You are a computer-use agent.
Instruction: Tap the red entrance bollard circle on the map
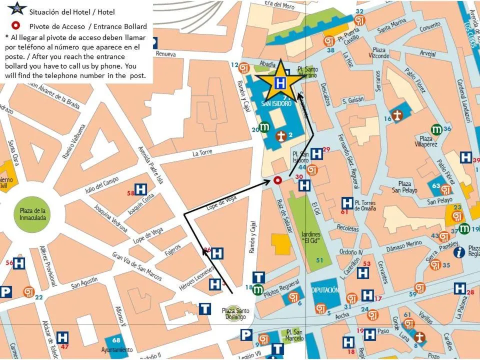click(x=277, y=180)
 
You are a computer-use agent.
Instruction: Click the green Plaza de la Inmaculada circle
click(x=32, y=214)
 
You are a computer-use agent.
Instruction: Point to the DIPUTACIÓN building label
click(x=325, y=290)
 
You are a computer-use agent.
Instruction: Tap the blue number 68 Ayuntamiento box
click(x=116, y=340)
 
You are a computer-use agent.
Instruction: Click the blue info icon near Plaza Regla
click(x=459, y=252)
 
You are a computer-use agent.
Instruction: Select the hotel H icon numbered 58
click(x=141, y=189)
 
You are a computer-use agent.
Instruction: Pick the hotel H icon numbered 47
click(x=62, y=337)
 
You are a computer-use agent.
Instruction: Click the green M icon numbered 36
click(x=436, y=129)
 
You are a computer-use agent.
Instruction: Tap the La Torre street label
click(x=202, y=153)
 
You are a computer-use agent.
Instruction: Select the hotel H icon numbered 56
click(x=19, y=263)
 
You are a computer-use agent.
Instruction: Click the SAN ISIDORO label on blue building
click(x=276, y=104)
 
